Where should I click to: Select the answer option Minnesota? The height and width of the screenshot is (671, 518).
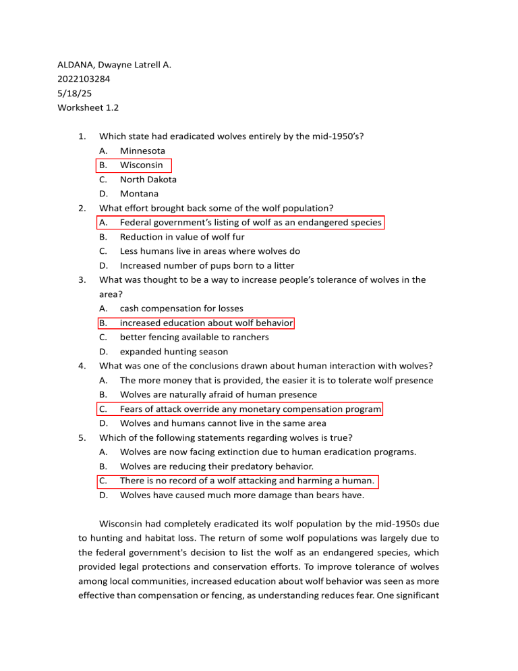tap(142, 151)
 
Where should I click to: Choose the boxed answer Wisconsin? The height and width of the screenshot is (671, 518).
tap(141, 165)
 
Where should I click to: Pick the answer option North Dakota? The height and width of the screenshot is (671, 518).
tap(148, 180)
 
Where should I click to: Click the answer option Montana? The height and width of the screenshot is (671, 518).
tap(139, 194)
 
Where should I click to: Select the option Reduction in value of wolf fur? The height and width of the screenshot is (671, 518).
tap(182, 237)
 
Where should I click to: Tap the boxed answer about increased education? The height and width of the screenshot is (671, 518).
tap(206, 323)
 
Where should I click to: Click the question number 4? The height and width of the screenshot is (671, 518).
tap(80, 366)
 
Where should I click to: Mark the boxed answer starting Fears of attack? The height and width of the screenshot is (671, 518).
tap(250, 409)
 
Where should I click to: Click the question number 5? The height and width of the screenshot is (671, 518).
tap(80, 437)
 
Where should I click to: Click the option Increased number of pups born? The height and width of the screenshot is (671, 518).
tap(207, 265)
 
